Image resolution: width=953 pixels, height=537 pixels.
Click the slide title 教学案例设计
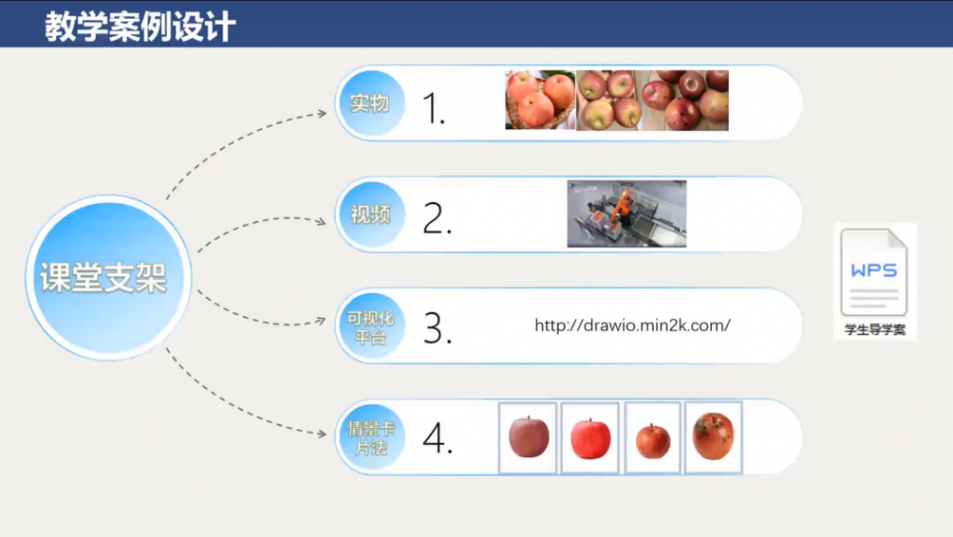[141, 27]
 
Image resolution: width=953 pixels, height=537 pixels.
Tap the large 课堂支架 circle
[108, 277]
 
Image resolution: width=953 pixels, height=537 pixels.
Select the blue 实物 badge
[370, 103]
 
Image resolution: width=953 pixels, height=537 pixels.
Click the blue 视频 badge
[370, 214]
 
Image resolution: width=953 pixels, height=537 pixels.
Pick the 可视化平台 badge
[370, 327]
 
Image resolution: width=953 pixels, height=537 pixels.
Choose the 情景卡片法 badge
[370, 437]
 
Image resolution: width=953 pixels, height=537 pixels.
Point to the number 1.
[434, 108]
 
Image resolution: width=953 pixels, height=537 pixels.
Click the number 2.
[437, 218]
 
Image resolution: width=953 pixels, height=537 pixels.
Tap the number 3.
[437, 329]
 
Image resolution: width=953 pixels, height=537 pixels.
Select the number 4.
[437, 438]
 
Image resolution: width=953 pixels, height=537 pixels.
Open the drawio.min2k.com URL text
[633, 326]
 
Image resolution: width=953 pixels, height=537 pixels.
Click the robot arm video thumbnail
[626, 214]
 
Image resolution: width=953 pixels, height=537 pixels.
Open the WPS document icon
[874, 272]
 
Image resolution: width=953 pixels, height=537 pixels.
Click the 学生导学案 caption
[875, 329]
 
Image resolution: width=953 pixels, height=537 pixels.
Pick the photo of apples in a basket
[541, 100]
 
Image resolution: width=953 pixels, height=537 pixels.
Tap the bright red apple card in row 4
[590, 437]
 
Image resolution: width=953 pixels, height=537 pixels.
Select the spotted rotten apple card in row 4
[714, 437]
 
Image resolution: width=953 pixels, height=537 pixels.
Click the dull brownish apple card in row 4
[528, 437]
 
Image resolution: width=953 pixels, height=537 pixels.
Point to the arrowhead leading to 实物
[323, 113]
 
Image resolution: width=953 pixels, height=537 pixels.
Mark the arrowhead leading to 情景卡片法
[322, 434]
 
